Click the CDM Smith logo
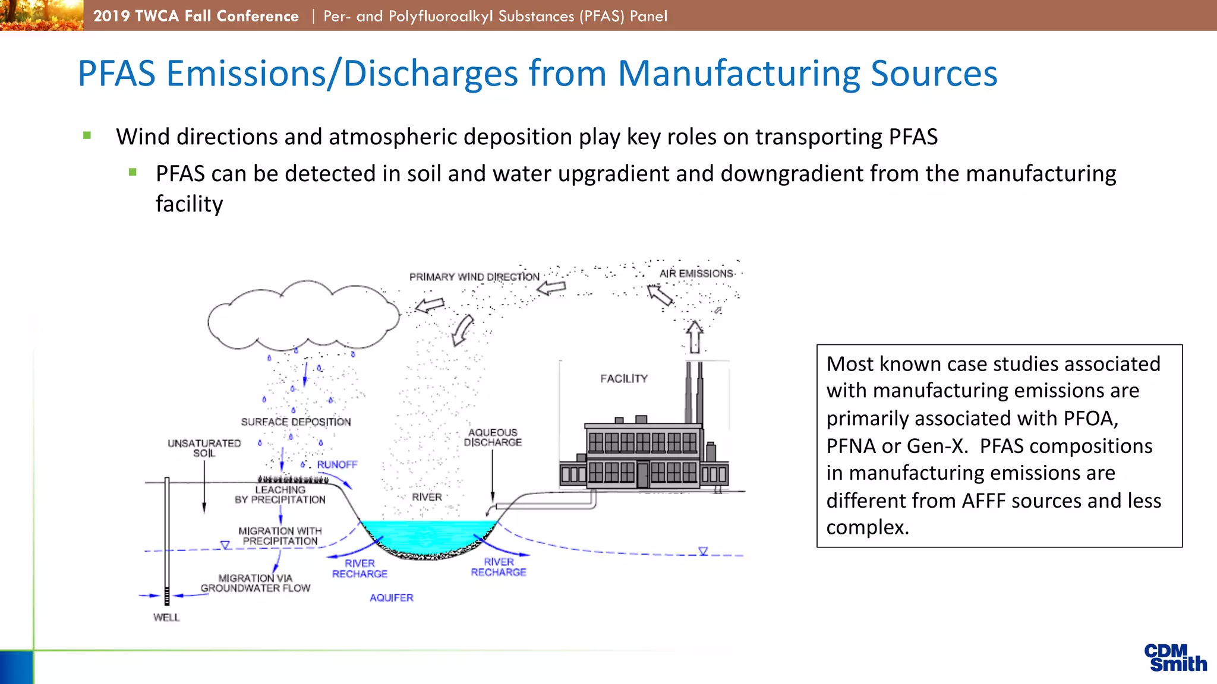pos(1175,658)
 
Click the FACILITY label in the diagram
pos(623,379)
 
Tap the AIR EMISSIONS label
pos(696,274)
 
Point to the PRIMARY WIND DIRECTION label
pos(474,277)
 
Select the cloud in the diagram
pos(303,318)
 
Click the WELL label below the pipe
pos(166,617)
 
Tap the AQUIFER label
pos(391,598)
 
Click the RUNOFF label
pos(337,464)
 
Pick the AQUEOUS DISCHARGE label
pos(493,438)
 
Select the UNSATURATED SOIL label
pos(204,448)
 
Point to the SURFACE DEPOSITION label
pos(296,422)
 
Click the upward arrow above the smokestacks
pos(695,337)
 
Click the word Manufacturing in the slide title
pos(739,74)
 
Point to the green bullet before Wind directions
pos(87,135)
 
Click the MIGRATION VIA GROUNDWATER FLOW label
pos(256,583)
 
